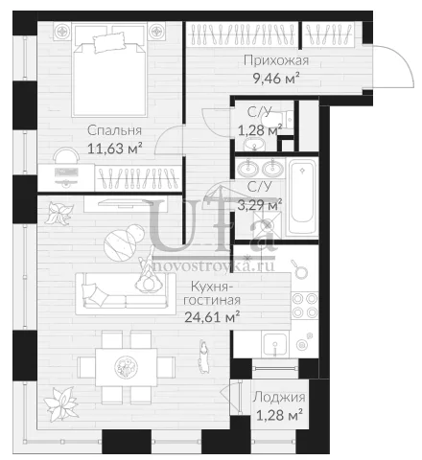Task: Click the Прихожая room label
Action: coord(276,60)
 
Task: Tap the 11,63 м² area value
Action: coord(115,149)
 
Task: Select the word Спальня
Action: coord(114,130)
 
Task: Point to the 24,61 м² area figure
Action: coord(213,317)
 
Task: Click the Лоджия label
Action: coord(279,398)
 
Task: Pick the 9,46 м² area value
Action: coord(276,78)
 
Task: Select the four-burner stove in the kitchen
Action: coord(304,306)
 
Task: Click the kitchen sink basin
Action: coord(275,344)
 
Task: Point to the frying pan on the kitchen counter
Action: coord(300,269)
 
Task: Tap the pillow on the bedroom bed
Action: coord(108,42)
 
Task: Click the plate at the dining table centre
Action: coord(127,367)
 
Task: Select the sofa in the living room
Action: coord(126,294)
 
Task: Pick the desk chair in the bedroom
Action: coord(66,155)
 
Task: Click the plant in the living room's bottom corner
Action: coord(60,404)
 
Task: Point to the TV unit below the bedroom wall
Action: coord(126,204)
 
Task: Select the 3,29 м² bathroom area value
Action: coord(260,205)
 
